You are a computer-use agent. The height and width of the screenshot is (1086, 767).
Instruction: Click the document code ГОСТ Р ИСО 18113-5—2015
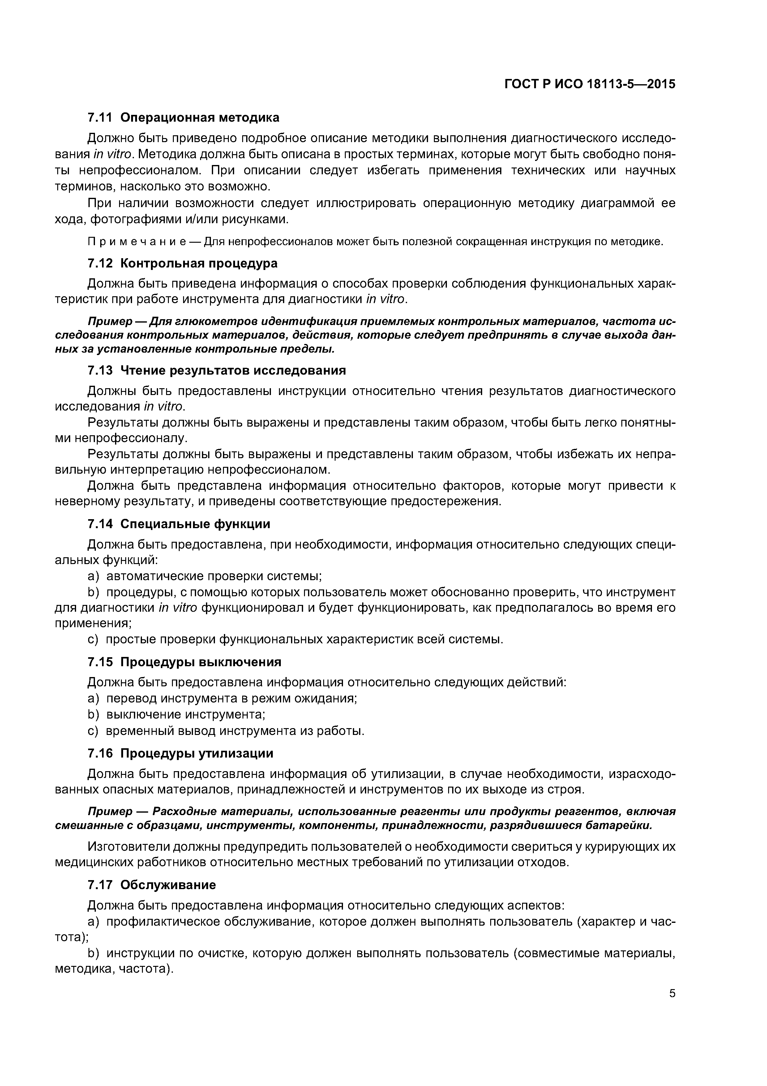590,84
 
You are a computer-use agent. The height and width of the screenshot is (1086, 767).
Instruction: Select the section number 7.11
100,117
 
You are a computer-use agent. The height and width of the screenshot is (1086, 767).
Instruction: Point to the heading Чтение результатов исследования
233,370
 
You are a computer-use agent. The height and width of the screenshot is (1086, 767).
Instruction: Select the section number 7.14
100,524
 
